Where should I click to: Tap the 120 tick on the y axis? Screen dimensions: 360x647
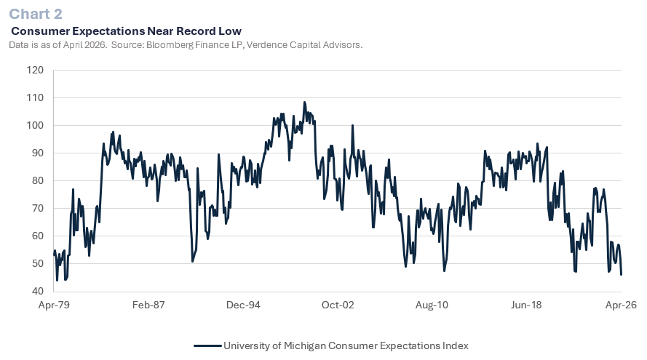coord(35,71)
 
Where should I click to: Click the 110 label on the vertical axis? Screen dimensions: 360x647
coord(35,98)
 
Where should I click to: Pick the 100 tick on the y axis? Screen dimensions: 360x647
coord(35,126)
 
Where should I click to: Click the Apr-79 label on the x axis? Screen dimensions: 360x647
coord(54,305)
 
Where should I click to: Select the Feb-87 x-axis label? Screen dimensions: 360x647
coord(148,305)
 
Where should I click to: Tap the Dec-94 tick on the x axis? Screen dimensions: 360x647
coord(243,305)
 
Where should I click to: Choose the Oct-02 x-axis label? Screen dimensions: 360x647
coord(338,305)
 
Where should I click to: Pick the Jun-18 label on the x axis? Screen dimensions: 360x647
coord(527,305)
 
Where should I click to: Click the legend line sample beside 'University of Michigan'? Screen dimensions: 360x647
coord(207,345)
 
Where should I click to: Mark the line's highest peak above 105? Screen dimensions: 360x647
coord(304,103)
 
